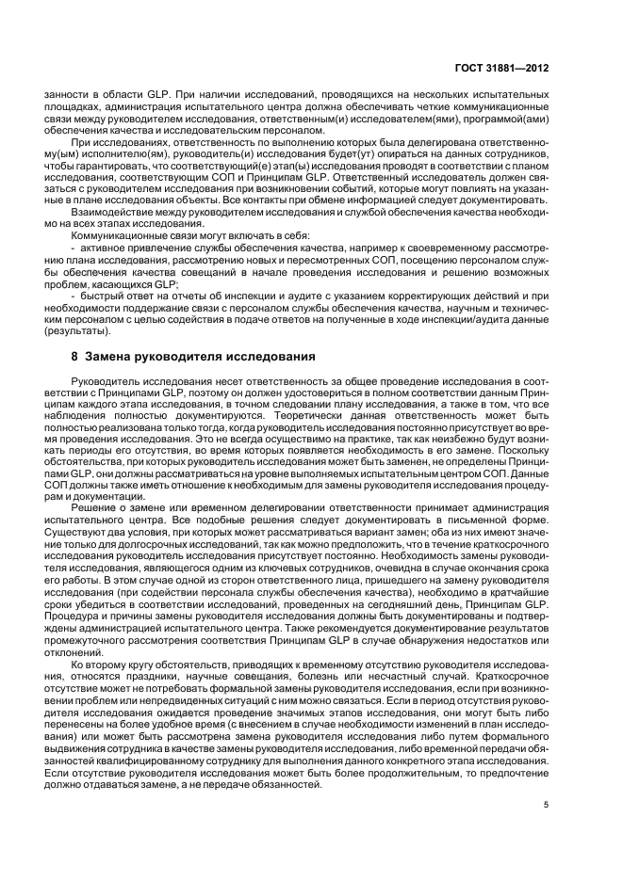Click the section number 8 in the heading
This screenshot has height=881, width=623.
[x=74, y=358]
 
